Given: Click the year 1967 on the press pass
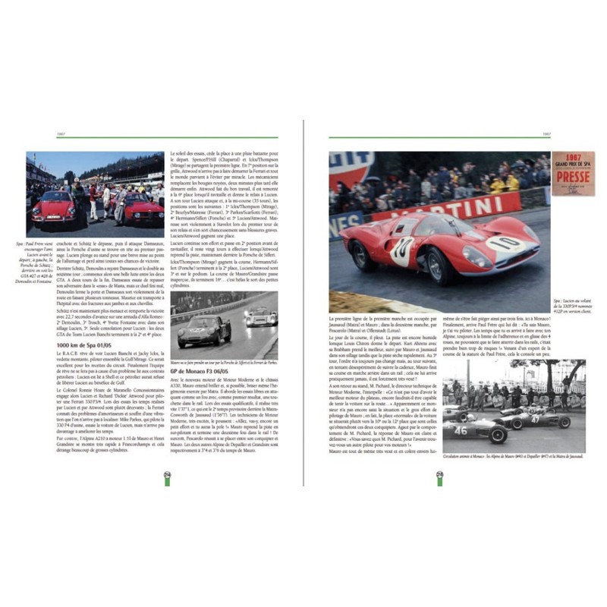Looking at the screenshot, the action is point(573,156).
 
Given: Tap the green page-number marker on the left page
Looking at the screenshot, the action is point(166,476).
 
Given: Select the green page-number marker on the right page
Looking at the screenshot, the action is point(439,476).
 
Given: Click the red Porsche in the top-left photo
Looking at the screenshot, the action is point(53,207).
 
